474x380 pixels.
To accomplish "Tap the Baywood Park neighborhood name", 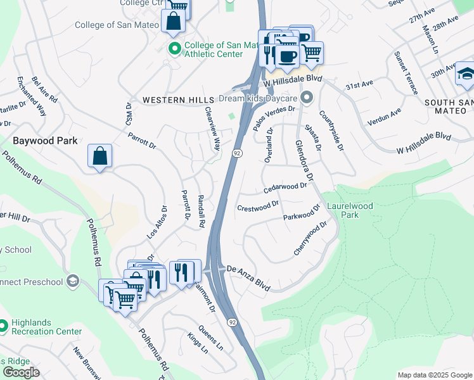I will tap(45, 141).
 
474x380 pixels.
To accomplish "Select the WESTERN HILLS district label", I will tap(178, 100).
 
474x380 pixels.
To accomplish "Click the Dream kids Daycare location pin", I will tap(307, 98).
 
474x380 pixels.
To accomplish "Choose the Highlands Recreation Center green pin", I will tap(3, 326).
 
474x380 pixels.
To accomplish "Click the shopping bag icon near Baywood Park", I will tap(100, 156).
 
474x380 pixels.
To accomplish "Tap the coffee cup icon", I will tap(287, 56).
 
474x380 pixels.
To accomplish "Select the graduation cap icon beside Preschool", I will tap(74, 281).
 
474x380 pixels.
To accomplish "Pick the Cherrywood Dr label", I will tap(310, 238).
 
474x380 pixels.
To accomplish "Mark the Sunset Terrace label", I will tap(406, 73).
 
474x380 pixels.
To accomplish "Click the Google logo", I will tap(21, 372).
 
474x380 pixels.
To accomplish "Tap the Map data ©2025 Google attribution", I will tap(434, 375).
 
